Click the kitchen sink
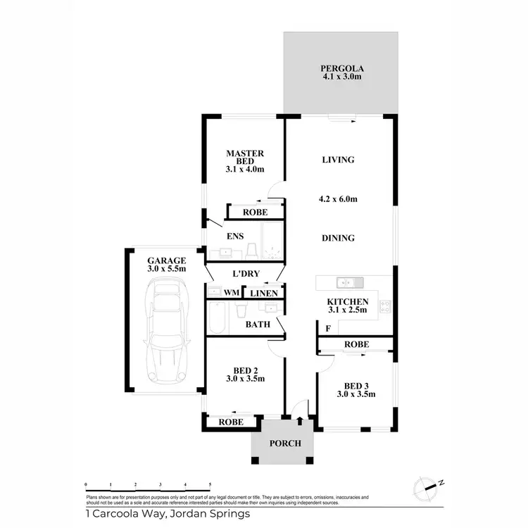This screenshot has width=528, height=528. click(348, 283)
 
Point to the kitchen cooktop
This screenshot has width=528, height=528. click(385, 306)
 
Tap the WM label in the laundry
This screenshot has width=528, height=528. click(231, 291)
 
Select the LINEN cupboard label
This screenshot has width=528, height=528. click(264, 291)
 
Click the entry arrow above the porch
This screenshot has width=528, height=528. click(301, 421)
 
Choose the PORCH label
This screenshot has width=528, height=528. click(285, 444)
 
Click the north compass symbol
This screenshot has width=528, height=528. click(428, 485)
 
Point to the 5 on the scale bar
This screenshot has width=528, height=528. click(210, 485)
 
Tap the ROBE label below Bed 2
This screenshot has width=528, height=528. click(232, 422)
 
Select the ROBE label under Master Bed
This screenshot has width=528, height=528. click(253, 212)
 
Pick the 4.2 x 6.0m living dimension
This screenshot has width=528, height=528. click(338, 199)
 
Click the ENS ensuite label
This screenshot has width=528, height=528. click(234, 237)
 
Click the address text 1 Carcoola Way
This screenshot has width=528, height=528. click(167, 514)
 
